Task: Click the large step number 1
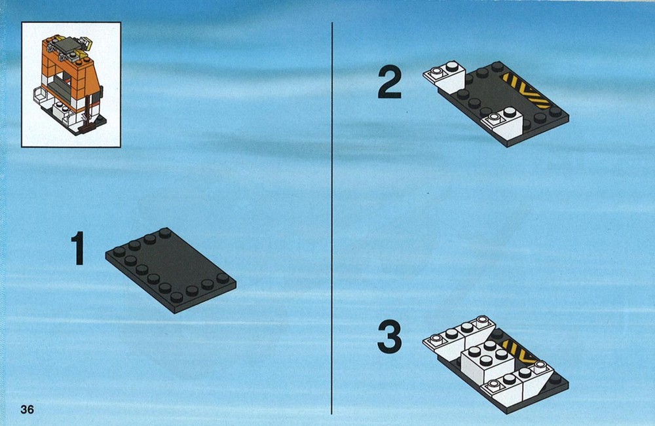[78, 249]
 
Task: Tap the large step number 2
[390, 84]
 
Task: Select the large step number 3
[389, 336]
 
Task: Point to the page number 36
[27, 409]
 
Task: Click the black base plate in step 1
[170, 270]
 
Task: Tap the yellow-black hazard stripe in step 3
[518, 352]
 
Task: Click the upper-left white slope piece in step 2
[445, 78]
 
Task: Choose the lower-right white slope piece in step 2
[503, 123]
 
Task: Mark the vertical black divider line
[332, 218]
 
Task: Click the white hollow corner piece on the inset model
[41, 96]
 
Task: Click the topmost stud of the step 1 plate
[165, 233]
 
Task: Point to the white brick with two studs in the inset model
[61, 110]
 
